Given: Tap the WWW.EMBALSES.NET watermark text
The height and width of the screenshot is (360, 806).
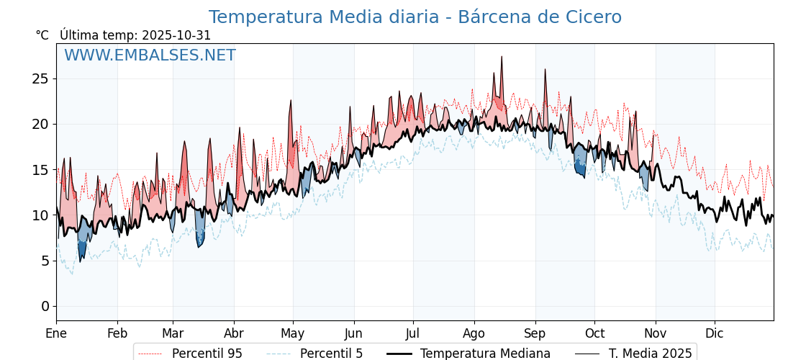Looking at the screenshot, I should [x=150, y=55].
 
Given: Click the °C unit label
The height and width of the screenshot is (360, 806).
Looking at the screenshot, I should [x=42, y=35].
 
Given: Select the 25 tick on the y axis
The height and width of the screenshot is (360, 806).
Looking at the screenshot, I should [x=40, y=78].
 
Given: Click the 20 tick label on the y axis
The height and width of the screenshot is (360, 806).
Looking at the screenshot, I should [x=40, y=124].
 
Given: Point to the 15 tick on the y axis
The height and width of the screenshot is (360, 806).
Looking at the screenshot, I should [x=40, y=170].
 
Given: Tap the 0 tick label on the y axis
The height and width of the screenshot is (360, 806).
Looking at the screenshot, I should [x=45, y=307].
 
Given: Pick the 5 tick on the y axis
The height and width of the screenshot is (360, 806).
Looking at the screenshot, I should [x=45, y=261].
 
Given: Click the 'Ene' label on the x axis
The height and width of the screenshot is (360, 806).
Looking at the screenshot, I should [x=56, y=333].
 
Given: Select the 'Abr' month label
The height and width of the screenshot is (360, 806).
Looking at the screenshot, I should [x=234, y=333].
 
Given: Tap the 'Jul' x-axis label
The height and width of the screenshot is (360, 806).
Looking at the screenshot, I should [x=413, y=333].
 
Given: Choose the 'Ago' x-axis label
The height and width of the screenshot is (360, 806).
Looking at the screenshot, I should [x=474, y=333].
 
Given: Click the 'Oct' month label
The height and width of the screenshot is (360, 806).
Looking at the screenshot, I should [x=594, y=333].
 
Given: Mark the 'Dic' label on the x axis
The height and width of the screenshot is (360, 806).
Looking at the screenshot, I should [x=715, y=333].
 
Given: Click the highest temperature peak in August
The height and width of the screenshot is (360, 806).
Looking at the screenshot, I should [x=501, y=57].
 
